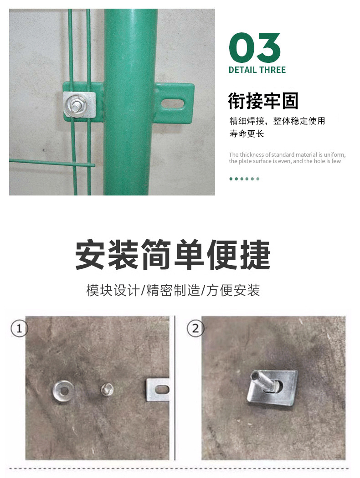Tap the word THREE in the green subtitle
[x=273, y=70]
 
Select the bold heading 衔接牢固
[x=263, y=101]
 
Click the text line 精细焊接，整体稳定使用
[x=277, y=121]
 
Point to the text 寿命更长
[x=247, y=134]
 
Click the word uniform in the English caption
[x=334, y=154]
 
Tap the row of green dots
[x=244, y=179]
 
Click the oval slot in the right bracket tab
[x=173, y=103]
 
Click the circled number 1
[x=19, y=328]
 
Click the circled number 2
[x=195, y=328]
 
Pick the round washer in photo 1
[x=62, y=390]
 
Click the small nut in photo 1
[x=107, y=389]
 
